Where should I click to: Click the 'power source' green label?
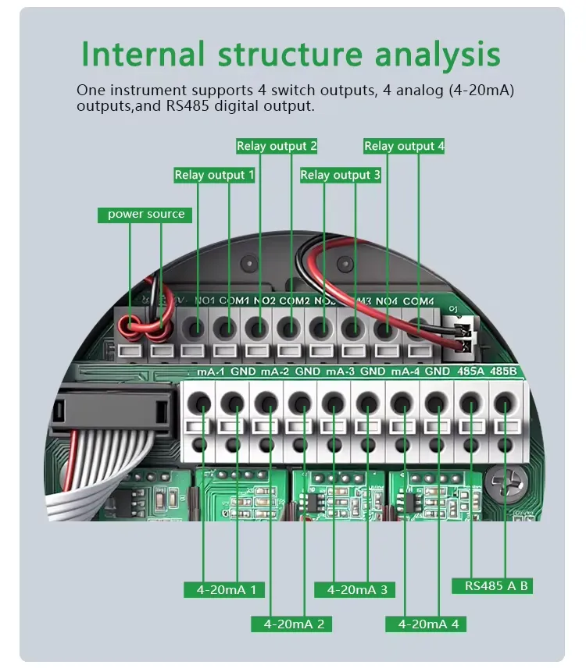pos(145,215)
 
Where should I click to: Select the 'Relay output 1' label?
pos(214,175)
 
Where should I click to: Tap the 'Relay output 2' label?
pos(277,146)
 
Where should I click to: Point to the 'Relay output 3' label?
pos(340,175)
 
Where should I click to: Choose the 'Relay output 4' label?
pos(404,146)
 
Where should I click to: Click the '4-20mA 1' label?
pos(226,589)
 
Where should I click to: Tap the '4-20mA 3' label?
pos(356,589)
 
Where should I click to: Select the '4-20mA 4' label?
pos(427,624)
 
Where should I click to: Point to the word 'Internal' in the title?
pos(143,55)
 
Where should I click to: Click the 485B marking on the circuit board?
pos(504,372)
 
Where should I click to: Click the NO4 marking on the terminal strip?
pos(386,300)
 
